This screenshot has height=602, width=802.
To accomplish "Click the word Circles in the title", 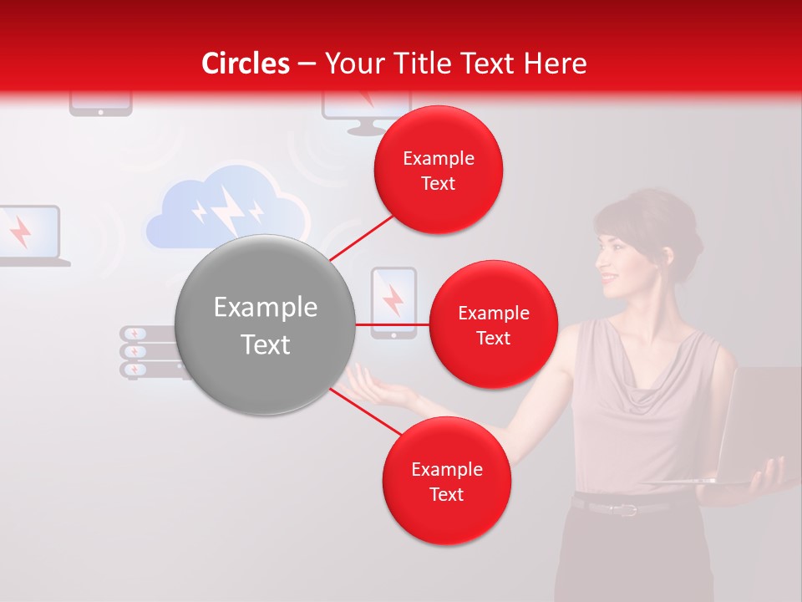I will point(246,64).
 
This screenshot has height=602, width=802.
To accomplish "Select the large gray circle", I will point(265,324).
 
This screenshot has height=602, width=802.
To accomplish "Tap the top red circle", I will point(438,171).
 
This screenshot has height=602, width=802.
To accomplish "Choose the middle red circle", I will point(493,324).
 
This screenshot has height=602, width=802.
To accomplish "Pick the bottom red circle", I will point(446,481).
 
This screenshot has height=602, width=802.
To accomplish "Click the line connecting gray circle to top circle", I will point(363,237).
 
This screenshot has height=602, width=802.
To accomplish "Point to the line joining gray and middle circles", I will point(393,324).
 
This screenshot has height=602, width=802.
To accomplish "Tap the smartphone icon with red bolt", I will point(393,302).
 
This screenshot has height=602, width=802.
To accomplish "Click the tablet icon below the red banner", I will point(100,104).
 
